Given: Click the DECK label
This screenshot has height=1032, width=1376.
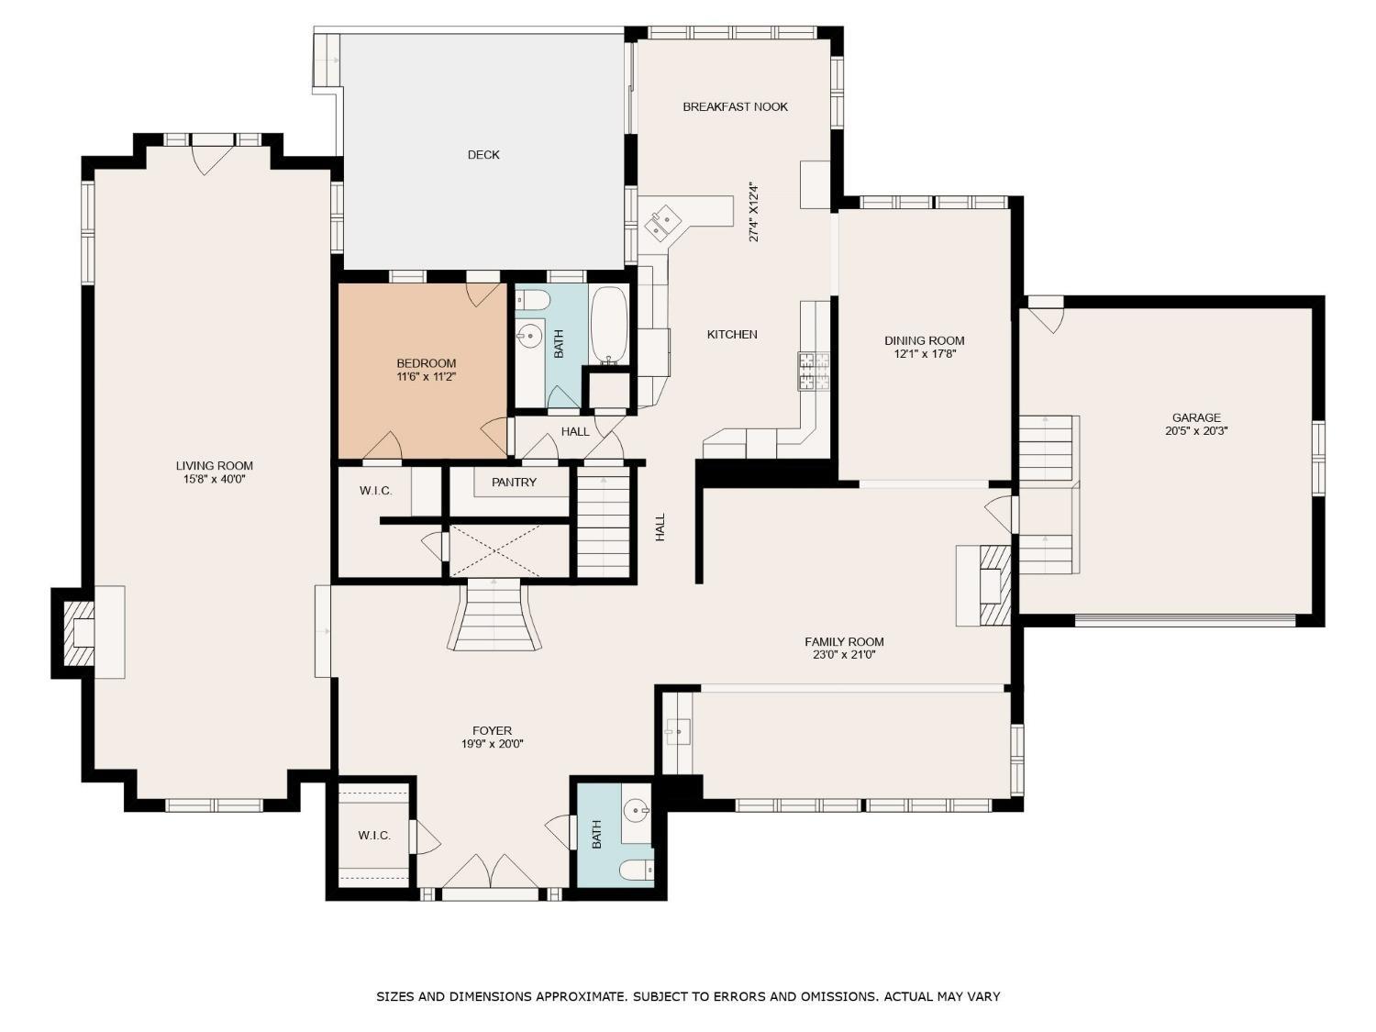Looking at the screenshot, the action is pos(483,155).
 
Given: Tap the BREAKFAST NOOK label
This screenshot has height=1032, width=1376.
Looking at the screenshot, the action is pos(736,107).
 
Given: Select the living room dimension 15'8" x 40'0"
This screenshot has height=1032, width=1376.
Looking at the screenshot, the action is pos(215,480).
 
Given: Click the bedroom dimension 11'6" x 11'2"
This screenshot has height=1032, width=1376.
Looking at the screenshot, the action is pos(427,377).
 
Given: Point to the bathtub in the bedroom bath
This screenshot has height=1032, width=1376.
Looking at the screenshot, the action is pos(609,326).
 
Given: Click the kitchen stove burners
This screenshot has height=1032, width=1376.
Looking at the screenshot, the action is pos(813,371).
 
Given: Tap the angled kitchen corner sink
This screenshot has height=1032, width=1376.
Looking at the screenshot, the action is pos(662,222).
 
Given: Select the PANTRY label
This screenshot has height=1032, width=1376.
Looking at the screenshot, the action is pos(514,483).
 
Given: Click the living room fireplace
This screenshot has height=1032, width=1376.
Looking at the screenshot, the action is pos(78,633).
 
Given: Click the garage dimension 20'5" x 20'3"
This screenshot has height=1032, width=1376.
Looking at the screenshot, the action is pos(1196,431).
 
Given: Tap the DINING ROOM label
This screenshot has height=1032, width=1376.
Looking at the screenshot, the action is pos(924,341).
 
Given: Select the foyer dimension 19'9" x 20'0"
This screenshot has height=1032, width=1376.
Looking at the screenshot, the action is pos(492,744).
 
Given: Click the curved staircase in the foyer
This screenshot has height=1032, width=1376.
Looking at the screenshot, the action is pos(494,615).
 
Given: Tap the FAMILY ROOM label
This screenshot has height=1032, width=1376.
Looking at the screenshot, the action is pos(844,641).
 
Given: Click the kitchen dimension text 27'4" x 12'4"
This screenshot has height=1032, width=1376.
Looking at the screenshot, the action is pos(754,213).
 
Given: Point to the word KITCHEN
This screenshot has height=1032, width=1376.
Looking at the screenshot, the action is pos(732,335).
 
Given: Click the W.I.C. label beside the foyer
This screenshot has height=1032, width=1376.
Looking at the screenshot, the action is pos(374,836).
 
